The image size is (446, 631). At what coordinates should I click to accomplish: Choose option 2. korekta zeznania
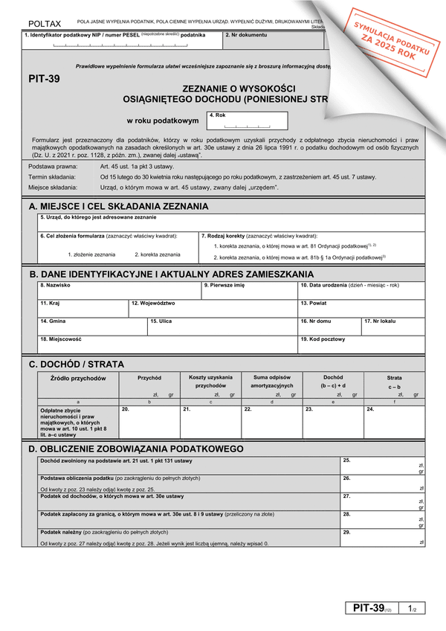(x=157, y=254)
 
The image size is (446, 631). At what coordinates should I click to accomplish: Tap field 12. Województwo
(x=213, y=308)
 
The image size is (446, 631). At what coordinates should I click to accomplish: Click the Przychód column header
(x=149, y=378)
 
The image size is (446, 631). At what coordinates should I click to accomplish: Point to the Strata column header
(x=394, y=378)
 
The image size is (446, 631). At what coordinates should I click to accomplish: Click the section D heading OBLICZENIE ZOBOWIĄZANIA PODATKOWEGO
(x=135, y=449)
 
